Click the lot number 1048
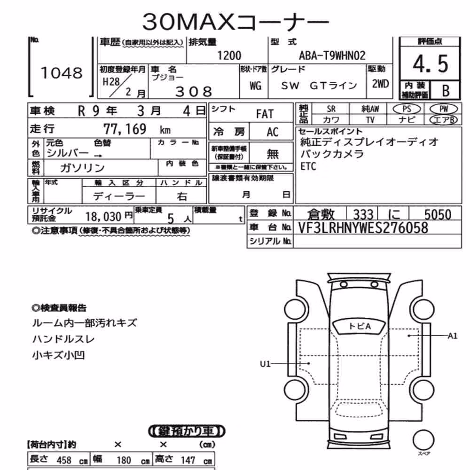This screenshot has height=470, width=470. [x=62, y=73]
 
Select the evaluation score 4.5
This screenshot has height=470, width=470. [x=431, y=64]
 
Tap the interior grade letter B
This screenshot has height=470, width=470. [x=446, y=91]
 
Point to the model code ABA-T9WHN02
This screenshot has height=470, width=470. [x=332, y=56]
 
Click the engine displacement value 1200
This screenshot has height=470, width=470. [x=229, y=56]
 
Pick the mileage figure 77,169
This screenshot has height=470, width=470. [x=125, y=129]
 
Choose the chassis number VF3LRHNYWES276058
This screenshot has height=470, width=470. [x=363, y=228]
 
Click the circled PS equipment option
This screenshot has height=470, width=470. [x=407, y=109]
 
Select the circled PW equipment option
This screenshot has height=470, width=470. [x=444, y=109]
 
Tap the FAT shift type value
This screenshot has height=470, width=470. [x=265, y=114]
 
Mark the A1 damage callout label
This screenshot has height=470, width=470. [x=453, y=336]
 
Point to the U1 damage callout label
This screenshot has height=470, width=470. [x=265, y=364]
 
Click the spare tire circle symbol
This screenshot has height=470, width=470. [x=423, y=440]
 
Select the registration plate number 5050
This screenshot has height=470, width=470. [x=438, y=215]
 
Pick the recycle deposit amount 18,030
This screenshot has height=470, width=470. [x=103, y=216]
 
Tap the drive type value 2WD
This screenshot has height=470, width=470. [x=380, y=84]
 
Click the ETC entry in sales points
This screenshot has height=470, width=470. [x=308, y=166]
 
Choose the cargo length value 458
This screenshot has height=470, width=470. [x=64, y=460]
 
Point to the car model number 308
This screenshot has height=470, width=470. [x=194, y=92]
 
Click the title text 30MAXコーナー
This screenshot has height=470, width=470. [x=235, y=22]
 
